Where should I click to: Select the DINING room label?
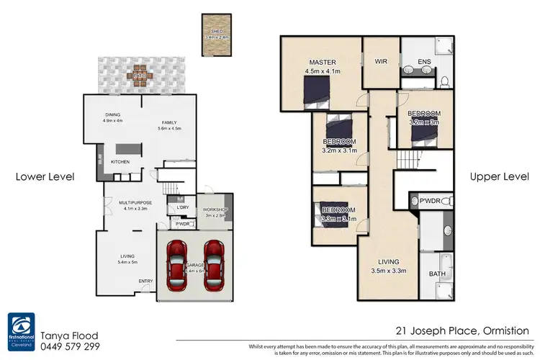coord(113,114)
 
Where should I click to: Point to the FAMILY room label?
coord(169,122)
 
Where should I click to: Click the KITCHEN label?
coord(120,162)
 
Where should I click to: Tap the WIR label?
coord(381,62)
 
